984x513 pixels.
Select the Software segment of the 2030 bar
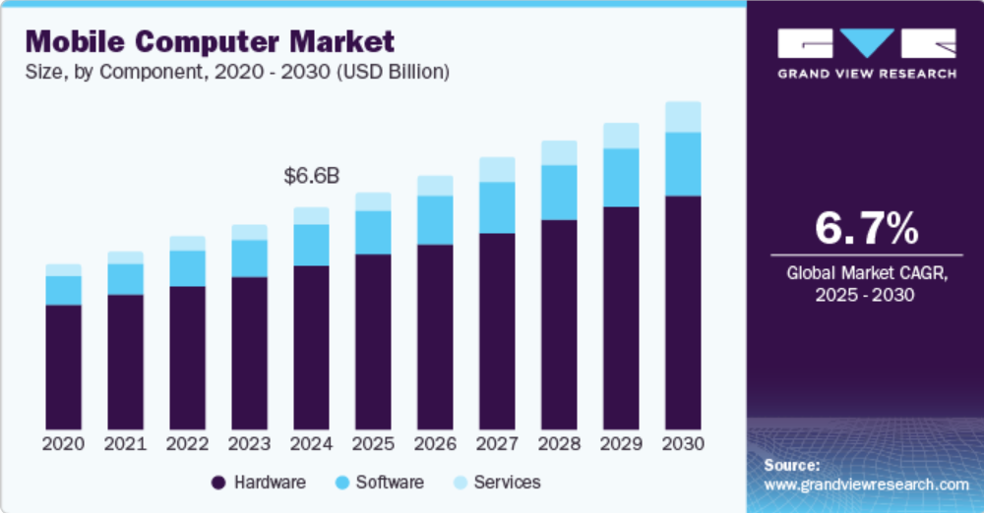(x=683, y=164)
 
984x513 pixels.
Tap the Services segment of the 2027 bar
(x=497, y=169)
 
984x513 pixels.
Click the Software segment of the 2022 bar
(x=187, y=268)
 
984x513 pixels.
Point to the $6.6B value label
(x=311, y=177)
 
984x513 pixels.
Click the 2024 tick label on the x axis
(x=311, y=443)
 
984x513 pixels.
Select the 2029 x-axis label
(x=621, y=443)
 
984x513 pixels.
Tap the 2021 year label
(x=125, y=443)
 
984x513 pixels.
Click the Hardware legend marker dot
(x=218, y=483)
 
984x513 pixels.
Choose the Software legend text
(x=390, y=483)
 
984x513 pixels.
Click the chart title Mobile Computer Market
(x=210, y=42)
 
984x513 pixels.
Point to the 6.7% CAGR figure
(x=866, y=229)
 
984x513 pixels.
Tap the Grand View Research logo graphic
(x=866, y=43)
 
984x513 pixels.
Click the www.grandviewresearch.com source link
(x=866, y=484)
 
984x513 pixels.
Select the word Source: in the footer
(x=791, y=465)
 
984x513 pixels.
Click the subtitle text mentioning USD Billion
(x=237, y=73)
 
